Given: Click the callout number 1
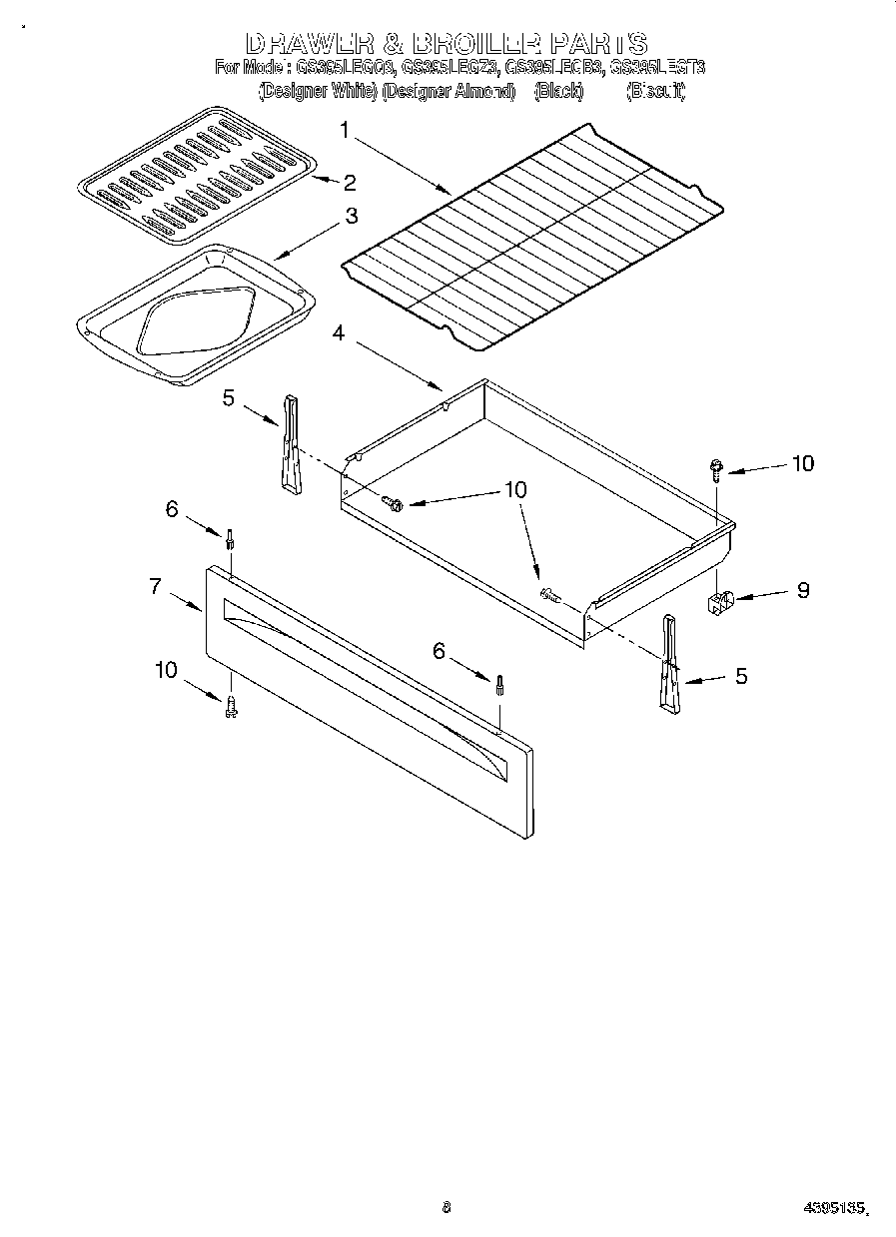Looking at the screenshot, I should pos(346,129).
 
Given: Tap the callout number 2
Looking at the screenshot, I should pos(350,182).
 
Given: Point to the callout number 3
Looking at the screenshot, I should pos(352,216).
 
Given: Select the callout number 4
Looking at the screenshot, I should pos(339,333).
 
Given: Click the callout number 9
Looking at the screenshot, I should pos(802,589).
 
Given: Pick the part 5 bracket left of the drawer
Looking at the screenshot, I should pos(291,444).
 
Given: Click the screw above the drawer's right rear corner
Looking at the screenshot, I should pos(717,467).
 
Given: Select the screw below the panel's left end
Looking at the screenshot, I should pos(231,706).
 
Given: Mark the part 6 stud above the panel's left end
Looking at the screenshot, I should pos(231,540).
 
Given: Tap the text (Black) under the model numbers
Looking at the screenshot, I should pos(558,91).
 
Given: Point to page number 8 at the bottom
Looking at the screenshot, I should pos(447,1207).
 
